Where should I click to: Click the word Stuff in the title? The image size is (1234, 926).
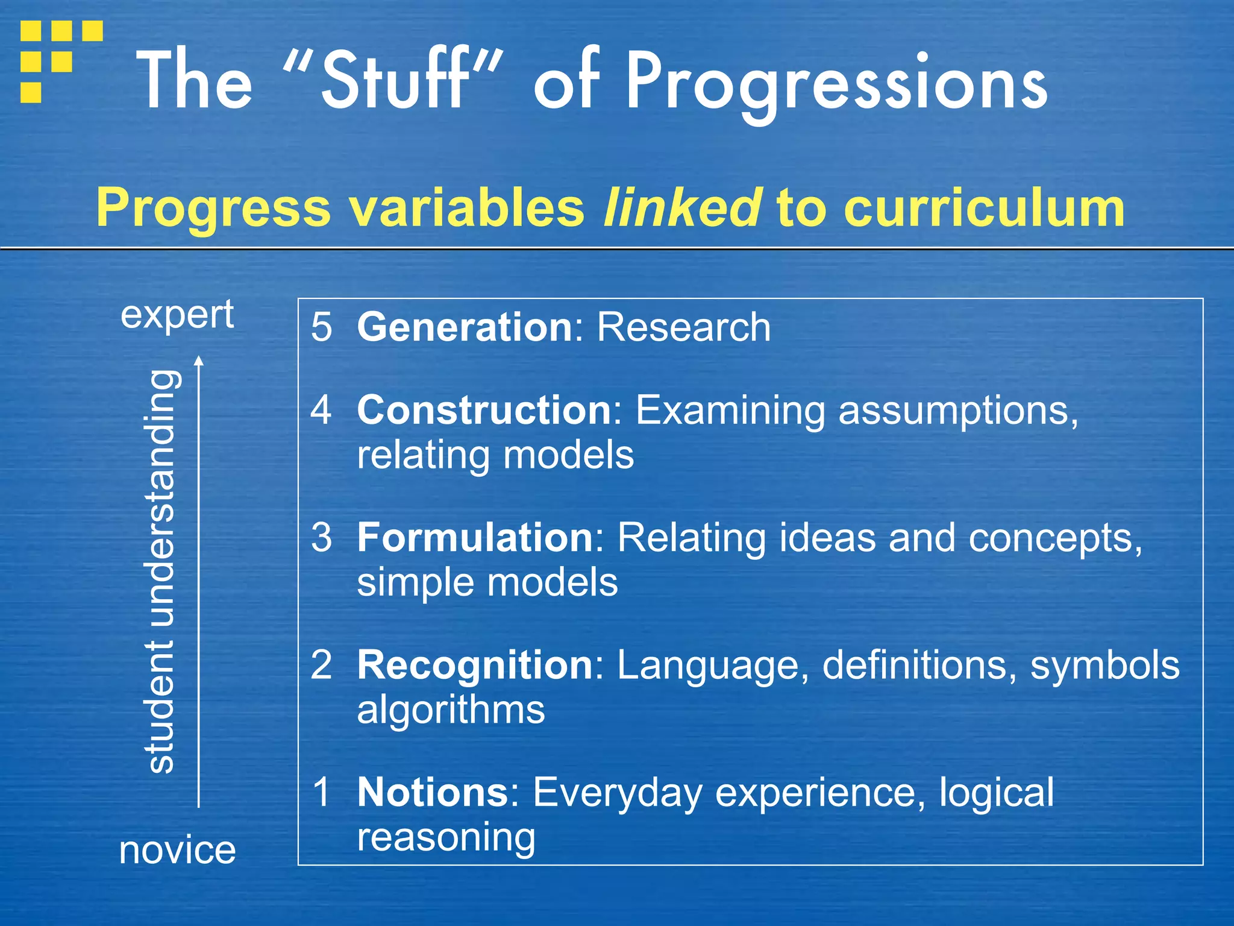(x=395, y=80)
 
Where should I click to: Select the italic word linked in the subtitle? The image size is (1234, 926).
(x=681, y=207)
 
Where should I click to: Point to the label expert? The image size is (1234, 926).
(x=177, y=315)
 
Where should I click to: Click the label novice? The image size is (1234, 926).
(x=177, y=850)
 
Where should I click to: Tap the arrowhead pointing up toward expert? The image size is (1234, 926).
(x=199, y=361)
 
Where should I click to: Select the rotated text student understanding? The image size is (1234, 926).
(x=161, y=571)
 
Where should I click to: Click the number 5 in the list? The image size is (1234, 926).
(x=321, y=327)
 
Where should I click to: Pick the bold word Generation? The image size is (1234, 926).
(x=465, y=327)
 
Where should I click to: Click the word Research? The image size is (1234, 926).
(x=683, y=327)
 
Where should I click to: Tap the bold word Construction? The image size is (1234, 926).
(x=484, y=411)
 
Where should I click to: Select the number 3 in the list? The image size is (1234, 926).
(x=321, y=537)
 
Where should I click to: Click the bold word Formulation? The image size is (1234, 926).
(x=475, y=537)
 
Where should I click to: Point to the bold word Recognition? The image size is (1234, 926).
(x=475, y=665)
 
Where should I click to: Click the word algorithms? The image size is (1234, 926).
(x=451, y=710)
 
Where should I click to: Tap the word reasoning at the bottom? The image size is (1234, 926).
(x=446, y=838)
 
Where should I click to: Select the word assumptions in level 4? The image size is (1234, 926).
(x=957, y=411)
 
